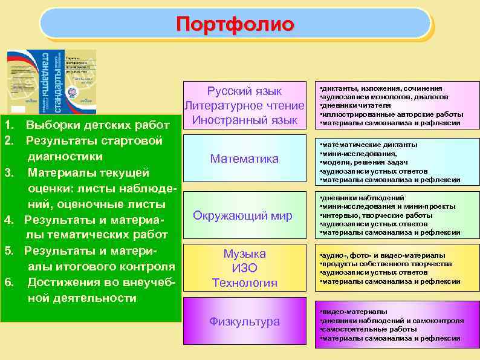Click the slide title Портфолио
[235, 24]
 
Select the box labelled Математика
[244, 159]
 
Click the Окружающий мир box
[242, 215]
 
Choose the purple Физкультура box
[244, 321]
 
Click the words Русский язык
[244, 91]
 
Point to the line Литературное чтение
[244, 105]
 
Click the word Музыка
[244, 254]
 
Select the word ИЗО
[244, 267]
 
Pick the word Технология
[244, 282]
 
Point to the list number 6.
[8, 282]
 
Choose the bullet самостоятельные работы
[370, 329]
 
